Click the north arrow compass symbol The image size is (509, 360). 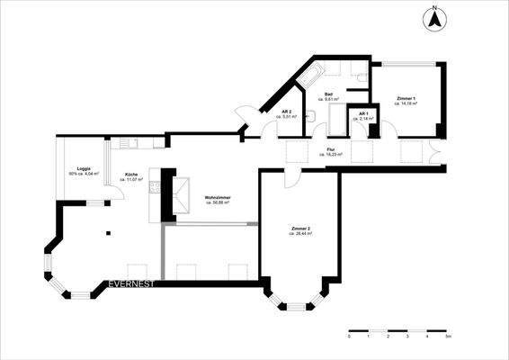(x=434, y=17)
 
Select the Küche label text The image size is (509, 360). (x=131, y=174)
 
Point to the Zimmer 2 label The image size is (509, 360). (x=301, y=229)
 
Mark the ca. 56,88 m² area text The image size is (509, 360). (x=217, y=203)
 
